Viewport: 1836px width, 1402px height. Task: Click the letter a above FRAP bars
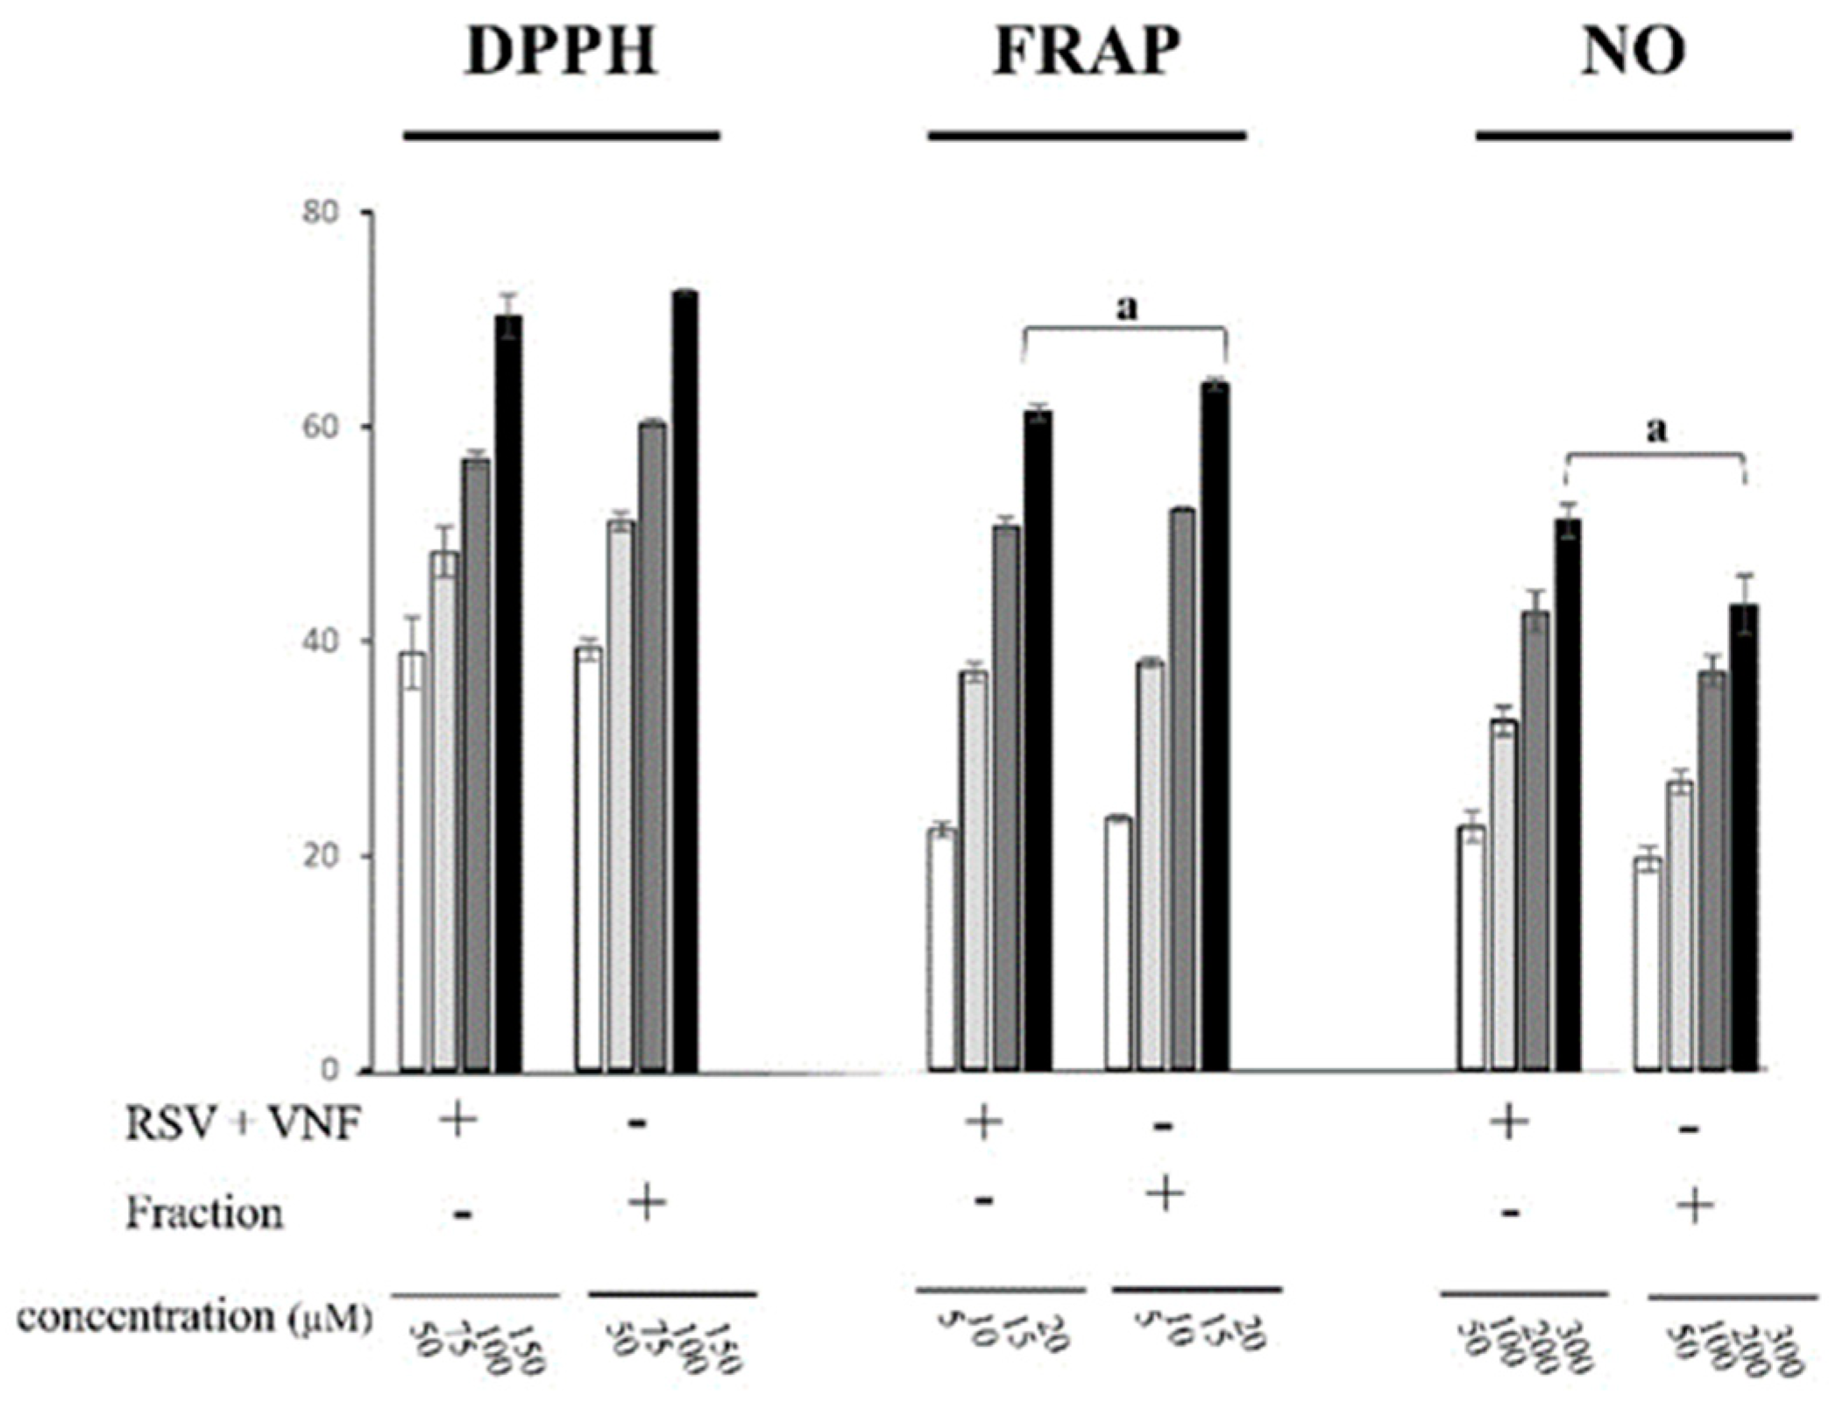(1128, 308)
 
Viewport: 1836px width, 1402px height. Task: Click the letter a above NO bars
(1656, 431)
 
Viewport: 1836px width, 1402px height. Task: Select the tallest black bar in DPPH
(684, 683)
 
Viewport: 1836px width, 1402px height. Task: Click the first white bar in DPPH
(413, 863)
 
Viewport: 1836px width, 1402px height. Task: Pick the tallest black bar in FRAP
(1215, 727)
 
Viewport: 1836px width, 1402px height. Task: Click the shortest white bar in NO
(1648, 964)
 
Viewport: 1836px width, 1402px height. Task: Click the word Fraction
(204, 1214)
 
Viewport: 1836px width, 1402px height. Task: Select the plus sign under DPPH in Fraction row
(647, 1204)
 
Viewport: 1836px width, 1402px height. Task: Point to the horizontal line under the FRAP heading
(1087, 137)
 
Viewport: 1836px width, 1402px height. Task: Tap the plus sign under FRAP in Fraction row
(1165, 1193)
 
